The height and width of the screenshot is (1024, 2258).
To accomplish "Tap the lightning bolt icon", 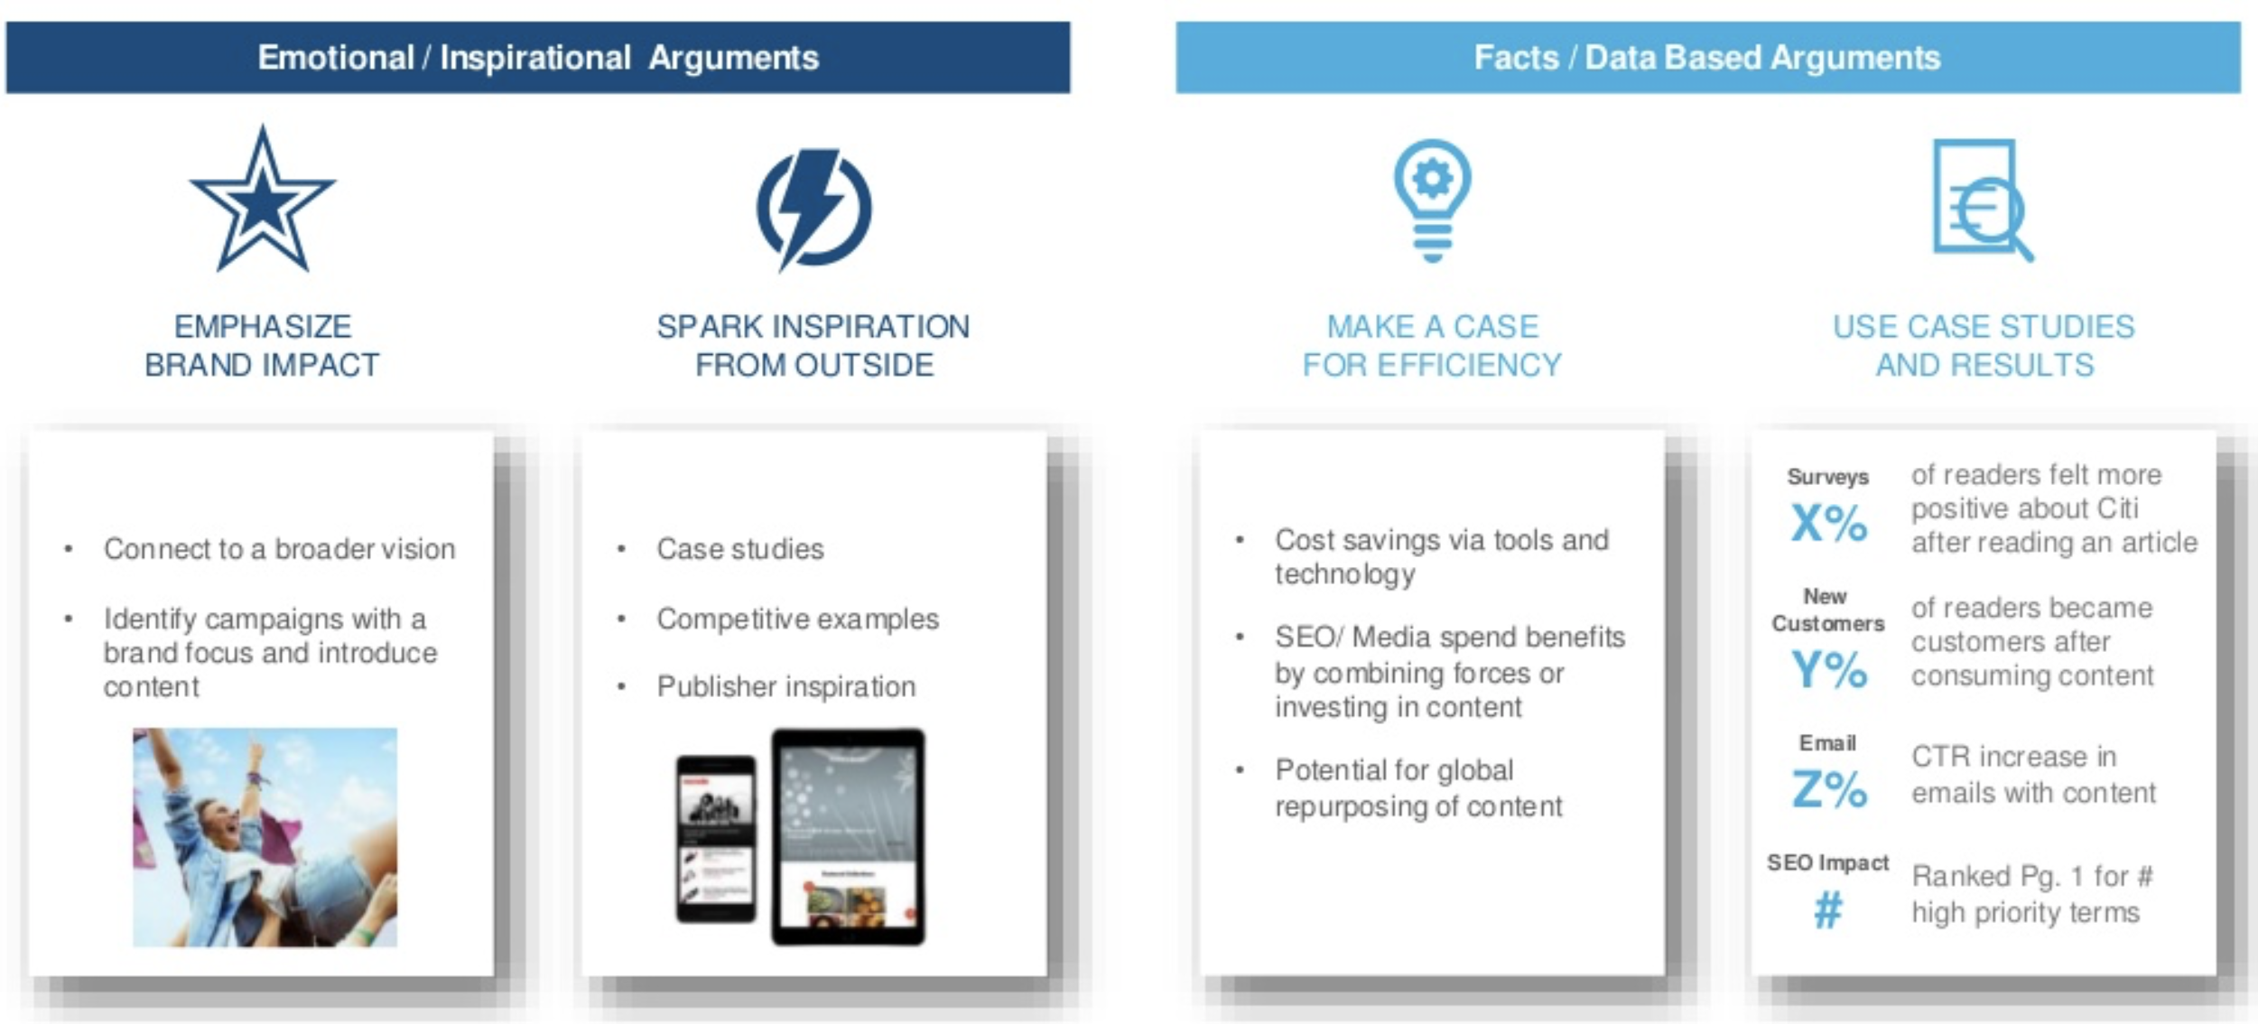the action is click(x=813, y=209).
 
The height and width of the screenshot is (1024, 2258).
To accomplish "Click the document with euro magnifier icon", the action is click(x=1983, y=200).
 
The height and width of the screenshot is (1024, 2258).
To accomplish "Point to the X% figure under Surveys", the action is click(x=1828, y=522).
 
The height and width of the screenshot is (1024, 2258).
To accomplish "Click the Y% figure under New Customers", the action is click(x=1828, y=669).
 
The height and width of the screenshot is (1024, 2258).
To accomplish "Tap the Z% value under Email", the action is click(x=1828, y=788).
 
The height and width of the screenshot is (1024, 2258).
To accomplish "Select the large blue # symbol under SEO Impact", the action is click(x=1827, y=909).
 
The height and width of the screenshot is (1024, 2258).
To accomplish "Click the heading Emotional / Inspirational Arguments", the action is click(x=538, y=58).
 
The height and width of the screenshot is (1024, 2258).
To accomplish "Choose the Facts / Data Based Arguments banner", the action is click(x=1707, y=58).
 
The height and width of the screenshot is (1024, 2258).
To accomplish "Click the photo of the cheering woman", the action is click(x=265, y=837).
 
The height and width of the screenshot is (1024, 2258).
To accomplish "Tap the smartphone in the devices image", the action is click(x=716, y=839).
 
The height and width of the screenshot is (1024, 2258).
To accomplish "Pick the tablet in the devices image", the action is click(x=848, y=836).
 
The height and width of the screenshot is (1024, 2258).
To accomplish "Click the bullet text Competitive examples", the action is click(x=797, y=619).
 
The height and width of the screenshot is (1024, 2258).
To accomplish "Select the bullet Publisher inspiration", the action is click(x=785, y=686).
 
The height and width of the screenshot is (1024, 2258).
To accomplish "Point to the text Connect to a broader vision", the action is click(x=279, y=548).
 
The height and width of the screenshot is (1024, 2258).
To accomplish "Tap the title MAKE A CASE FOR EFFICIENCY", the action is click(x=1432, y=346).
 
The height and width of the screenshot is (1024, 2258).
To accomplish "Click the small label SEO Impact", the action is click(x=1827, y=862).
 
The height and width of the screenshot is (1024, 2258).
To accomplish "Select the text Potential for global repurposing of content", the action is click(x=1418, y=787).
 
